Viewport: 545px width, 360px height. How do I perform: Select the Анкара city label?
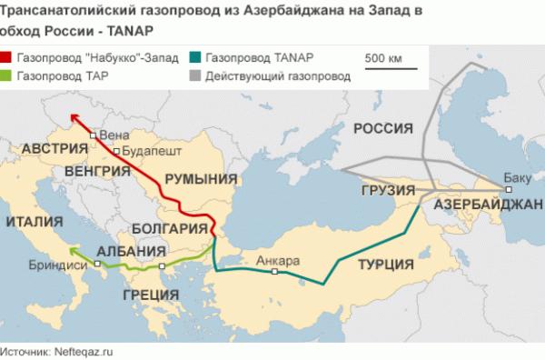coord(278,261)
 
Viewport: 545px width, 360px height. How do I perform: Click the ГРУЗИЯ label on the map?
coord(387,191)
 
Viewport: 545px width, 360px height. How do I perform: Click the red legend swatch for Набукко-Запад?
coord(15,56)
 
